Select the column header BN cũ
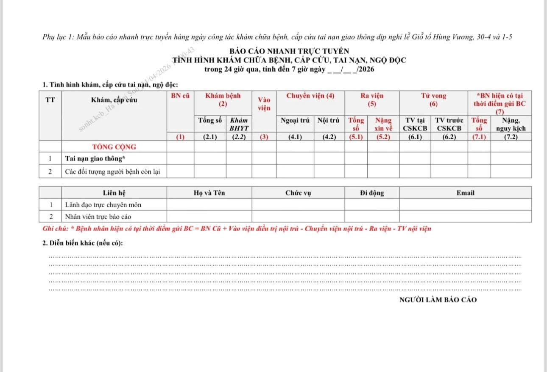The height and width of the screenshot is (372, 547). (x=180, y=96)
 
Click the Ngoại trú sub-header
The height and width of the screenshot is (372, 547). (x=295, y=120)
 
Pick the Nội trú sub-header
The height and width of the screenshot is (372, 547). (x=329, y=120)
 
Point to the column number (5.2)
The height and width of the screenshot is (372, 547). (x=383, y=137)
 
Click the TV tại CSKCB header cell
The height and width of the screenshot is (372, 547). (x=415, y=124)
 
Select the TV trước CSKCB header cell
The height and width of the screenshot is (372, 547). (x=449, y=124)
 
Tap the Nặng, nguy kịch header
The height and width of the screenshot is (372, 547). (x=511, y=124)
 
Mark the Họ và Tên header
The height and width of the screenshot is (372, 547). (x=209, y=193)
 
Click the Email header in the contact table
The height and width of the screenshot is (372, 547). (x=465, y=193)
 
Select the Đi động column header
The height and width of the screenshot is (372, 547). (x=372, y=193)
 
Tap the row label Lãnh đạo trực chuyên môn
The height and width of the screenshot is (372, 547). (x=103, y=205)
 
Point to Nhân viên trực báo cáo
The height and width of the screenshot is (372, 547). (x=98, y=217)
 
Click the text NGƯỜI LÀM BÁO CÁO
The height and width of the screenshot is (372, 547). (x=438, y=300)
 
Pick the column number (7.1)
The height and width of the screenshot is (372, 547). (x=479, y=137)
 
